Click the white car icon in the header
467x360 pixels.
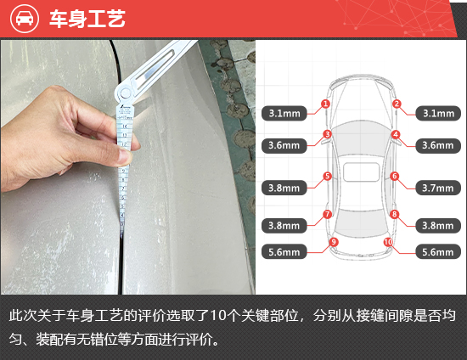(25, 19)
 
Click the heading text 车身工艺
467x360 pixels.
(87, 19)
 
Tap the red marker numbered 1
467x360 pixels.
(325, 104)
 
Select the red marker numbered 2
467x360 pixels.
(397, 104)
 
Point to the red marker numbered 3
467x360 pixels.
(327, 134)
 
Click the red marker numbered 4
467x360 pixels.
(396, 135)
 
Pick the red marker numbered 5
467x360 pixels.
(327, 176)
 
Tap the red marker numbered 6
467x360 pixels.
(395, 176)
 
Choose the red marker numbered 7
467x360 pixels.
(327, 214)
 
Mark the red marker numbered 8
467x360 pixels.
(394, 214)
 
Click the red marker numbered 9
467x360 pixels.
(334, 242)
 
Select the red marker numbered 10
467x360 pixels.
(388, 242)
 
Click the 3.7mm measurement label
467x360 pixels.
(438, 188)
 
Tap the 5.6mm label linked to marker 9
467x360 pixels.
(284, 252)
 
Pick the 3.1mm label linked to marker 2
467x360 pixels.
(438, 113)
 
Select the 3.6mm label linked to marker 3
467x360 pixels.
(284, 145)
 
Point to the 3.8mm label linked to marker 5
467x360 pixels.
(284, 188)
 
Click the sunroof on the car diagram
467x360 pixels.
(361, 172)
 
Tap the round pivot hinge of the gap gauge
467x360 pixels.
(125, 93)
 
